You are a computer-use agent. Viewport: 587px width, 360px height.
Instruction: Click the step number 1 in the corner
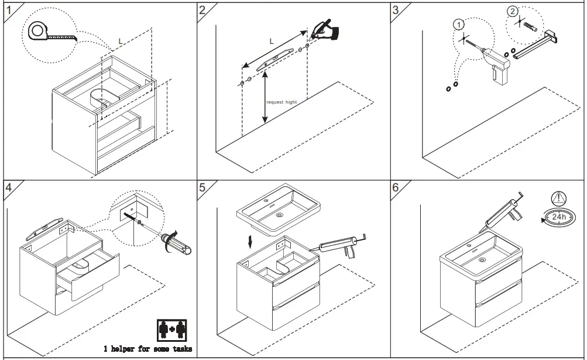[8, 9]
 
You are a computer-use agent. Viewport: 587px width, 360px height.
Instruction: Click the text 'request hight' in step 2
[282, 102]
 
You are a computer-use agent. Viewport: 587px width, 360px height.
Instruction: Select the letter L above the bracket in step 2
[272, 41]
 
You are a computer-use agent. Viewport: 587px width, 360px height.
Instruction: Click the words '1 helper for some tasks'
[147, 349]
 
